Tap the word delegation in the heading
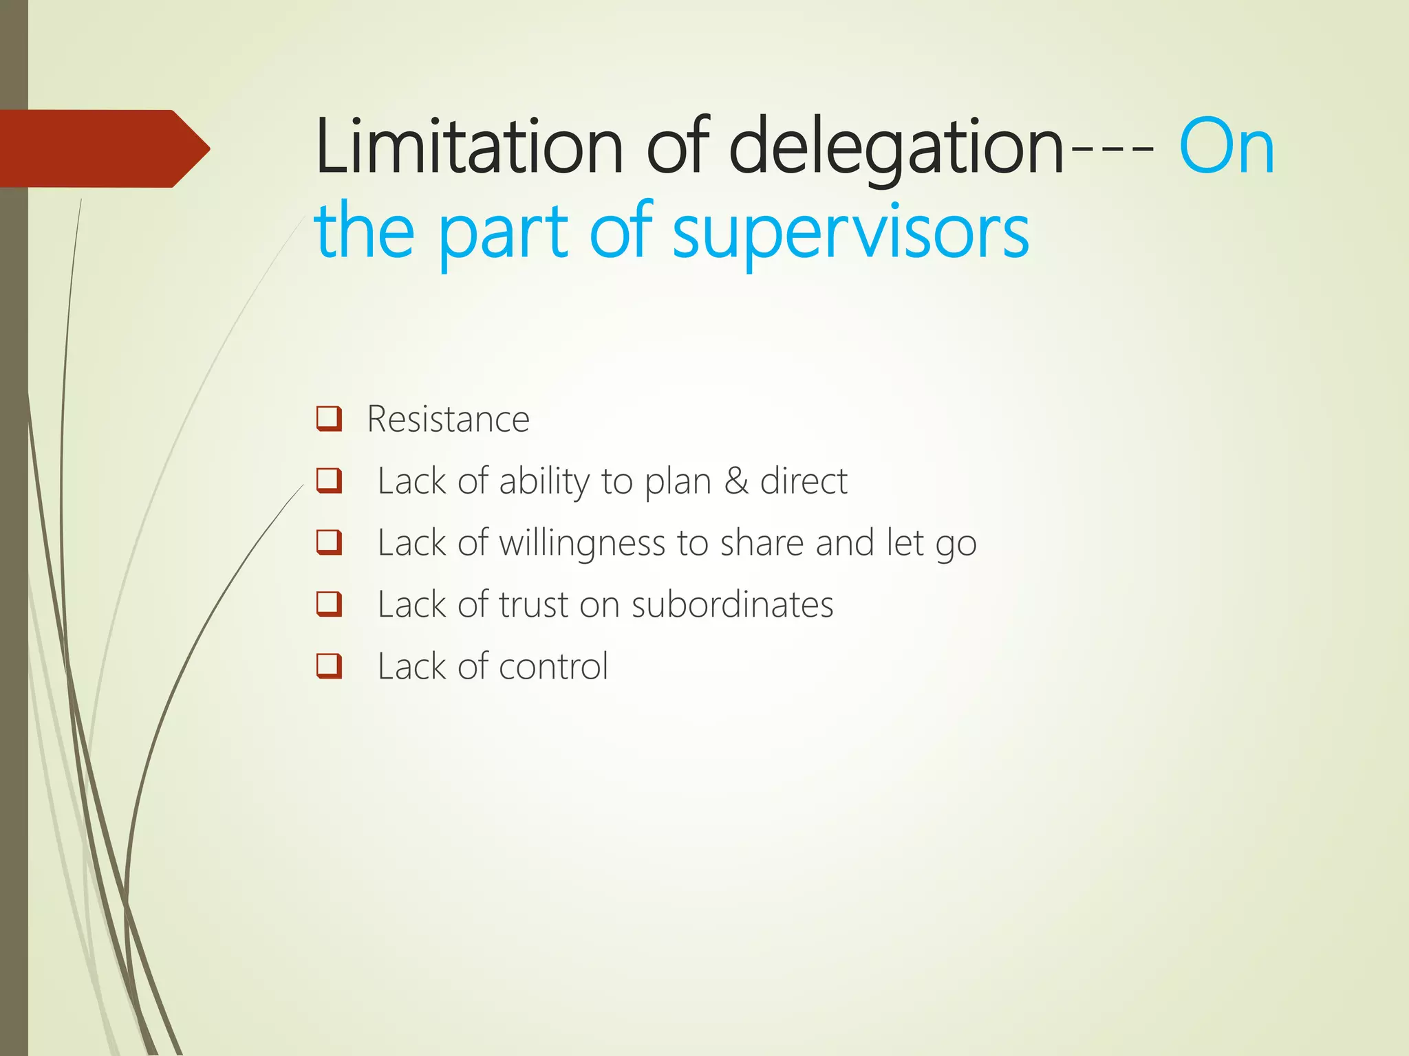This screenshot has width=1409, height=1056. pos(896,146)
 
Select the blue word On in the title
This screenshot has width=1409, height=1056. pos(1227,146)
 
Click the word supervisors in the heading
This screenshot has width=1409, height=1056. pos(850,232)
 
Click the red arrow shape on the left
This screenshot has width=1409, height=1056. pos(103,148)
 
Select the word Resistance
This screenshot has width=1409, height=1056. pos(448,419)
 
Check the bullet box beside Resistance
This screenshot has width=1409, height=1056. pos(329,418)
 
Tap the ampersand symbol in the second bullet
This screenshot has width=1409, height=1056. pos(735,481)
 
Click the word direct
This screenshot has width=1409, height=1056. pos(804,481)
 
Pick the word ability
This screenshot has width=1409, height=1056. pos(544,481)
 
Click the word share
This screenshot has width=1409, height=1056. pos(762,543)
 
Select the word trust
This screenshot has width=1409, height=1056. pos(533,605)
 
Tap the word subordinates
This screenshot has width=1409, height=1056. pos(732,605)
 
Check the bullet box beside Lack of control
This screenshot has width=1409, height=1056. pos(329,665)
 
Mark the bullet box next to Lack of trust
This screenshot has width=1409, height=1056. pos(329,604)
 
